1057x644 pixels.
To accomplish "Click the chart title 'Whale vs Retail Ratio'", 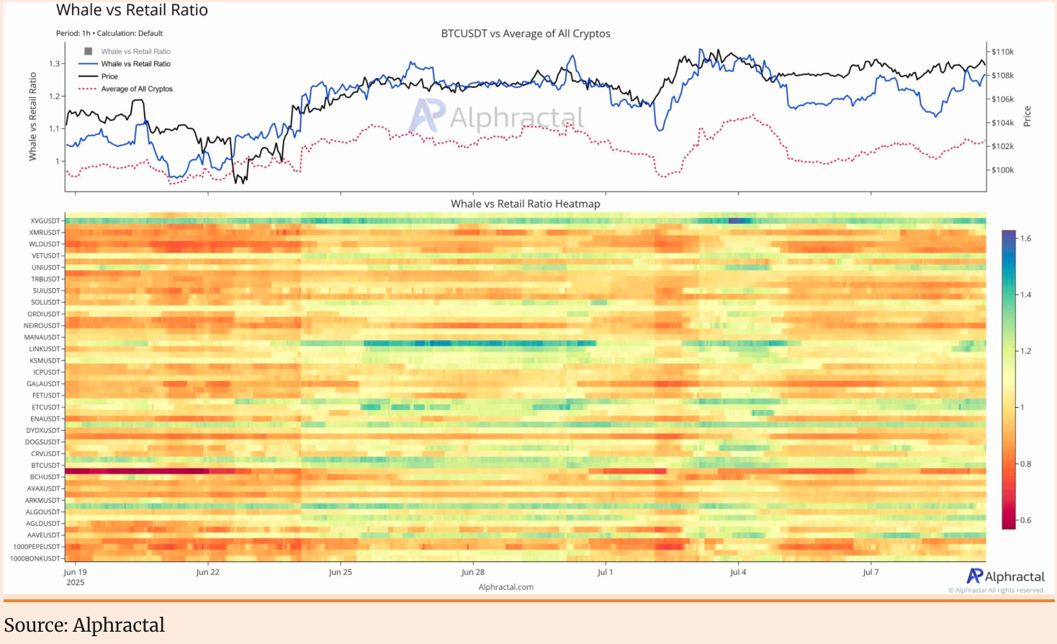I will coord(132,10).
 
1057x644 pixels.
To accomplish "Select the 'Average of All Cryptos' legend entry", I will coord(137,89).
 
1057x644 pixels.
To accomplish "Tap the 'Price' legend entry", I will coord(109,76).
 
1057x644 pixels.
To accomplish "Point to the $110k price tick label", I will coord(1002,52).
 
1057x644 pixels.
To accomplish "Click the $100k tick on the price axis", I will coord(1002,170).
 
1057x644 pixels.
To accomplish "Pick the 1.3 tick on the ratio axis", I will coord(55,63).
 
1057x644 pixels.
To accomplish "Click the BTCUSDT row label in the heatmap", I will coord(45,465).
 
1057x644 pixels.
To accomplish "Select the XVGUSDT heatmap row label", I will coord(45,221).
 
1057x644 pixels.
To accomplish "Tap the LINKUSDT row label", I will coord(45,349).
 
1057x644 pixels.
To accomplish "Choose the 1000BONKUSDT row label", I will coord(35,558).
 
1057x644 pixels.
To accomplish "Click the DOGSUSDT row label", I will coord(42,442).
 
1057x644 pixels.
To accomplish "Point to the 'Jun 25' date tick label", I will coord(340,572).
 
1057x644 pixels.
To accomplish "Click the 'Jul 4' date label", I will coord(738,572).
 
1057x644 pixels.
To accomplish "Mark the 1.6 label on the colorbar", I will coord(1025,238).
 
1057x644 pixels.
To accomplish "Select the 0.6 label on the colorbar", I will coord(1025,520).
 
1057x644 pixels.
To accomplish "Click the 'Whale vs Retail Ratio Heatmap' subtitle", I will coord(525,204).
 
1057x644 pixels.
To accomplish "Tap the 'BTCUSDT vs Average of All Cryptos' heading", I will coord(525,34).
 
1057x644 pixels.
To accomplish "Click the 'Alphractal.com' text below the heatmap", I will coord(505,587).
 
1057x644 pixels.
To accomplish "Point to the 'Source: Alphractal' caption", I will coord(84,625).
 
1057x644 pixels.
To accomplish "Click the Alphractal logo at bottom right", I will coord(1005,576).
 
